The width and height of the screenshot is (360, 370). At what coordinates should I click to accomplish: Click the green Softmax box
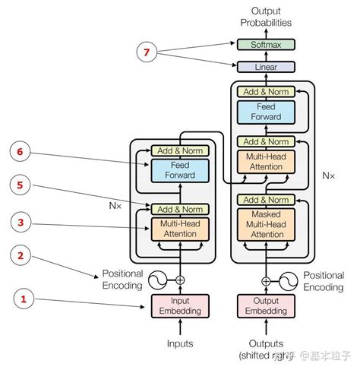coord(266,45)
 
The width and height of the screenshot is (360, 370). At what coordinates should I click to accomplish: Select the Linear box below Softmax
coord(266,67)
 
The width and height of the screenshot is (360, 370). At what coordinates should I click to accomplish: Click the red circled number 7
coord(148,53)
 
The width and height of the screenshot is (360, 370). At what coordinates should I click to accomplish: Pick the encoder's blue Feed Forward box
coord(180,169)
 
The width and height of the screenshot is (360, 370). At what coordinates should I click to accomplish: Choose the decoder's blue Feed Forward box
coord(266,112)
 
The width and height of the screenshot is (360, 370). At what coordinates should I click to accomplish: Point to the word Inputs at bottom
coord(180,343)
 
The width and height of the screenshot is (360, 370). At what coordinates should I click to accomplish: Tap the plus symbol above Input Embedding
coord(180,280)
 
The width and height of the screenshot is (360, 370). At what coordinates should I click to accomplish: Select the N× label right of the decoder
coord(328,175)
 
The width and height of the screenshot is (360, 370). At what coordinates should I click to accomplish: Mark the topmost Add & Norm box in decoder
coord(266,92)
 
